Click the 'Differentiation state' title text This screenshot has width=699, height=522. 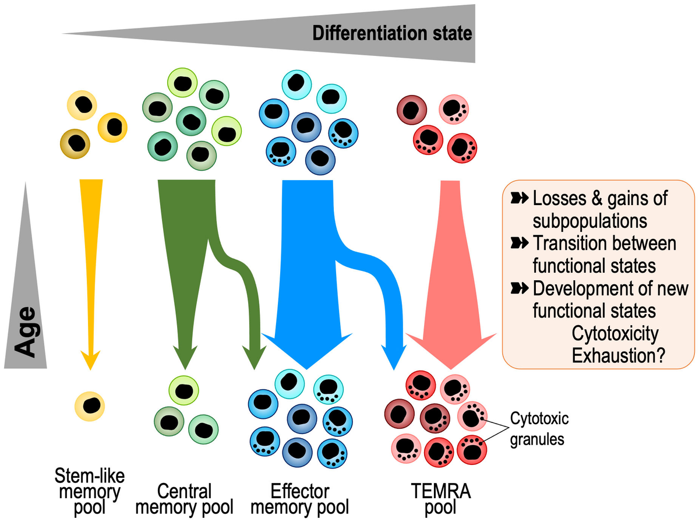(391, 33)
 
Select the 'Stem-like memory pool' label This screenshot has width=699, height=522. (89, 491)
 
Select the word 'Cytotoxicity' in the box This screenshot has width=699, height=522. (615, 334)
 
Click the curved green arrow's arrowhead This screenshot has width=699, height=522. (255, 357)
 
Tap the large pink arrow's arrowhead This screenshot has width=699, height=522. (447, 350)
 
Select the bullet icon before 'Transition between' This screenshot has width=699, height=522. (519, 243)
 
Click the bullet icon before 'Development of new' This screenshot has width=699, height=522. (519, 287)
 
